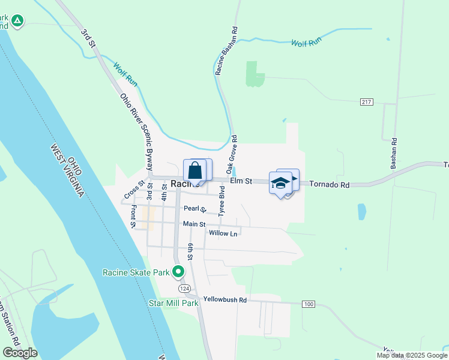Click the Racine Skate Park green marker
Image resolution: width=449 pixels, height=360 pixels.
point(178,272)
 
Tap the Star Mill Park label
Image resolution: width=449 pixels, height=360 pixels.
point(173,303)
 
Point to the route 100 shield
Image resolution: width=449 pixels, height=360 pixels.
point(309,305)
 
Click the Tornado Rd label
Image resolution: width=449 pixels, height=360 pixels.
point(329,185)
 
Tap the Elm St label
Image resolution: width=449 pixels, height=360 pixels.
point(240,181)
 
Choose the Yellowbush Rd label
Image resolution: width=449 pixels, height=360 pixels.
point(225,299)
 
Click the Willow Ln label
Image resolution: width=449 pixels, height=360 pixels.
point(223,233)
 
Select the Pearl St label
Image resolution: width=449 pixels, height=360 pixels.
point(194,209)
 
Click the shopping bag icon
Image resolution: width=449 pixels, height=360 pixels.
point(194,171)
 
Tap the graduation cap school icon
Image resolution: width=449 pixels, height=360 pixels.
point(280,182)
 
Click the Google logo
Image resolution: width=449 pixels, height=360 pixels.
point(20,353)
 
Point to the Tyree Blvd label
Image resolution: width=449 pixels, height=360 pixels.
point(221,204)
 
